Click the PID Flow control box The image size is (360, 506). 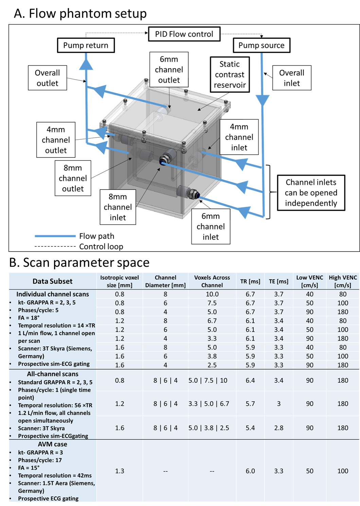pyautogui.click(x=184, y=34)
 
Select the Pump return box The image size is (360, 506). pyautogui.click(x=86, y=45)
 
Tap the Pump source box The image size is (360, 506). pyautogui.click(x=261, y=45)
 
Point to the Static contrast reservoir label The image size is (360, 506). pyautogui.click(x=230, y=74)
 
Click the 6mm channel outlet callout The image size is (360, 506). pyautogui.click(x=169, y=70)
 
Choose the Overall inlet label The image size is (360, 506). pyautogui.click(x=291, y=78)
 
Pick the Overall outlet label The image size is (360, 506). pyautogui.click(x=47, y=78)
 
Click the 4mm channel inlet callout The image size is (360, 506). pyautogui.click(x=239, y=137)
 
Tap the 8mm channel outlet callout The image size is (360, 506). pyautogui.click(x=73, y=178)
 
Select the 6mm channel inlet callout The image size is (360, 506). pyautogui.click(x=211, y=226)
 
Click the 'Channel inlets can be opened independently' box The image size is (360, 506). pyautogui.click(x=311, y=193)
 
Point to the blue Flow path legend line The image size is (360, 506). pyautogui.click(x=55, y=236)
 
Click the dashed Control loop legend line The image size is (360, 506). pyautogui.click(x=55, y=246)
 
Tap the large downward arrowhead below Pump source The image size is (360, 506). pyautogui.click(x=262, y=100)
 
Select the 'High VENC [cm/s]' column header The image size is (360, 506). pyautogui.click(x=343, y=281)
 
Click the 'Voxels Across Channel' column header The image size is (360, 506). pyautogui.click(x=212, y=281)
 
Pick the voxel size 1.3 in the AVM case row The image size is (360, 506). pyautogui.click(x=120, y=471)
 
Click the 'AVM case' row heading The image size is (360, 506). pyautogui.click(x=52, y=444)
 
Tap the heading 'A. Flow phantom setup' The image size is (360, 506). pyautogui.click(x=80, y=14)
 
